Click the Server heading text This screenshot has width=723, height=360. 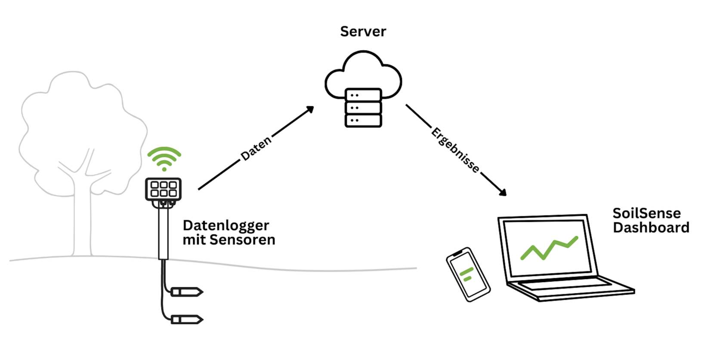click(363, 31)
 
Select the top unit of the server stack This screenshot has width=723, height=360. click(363, 95)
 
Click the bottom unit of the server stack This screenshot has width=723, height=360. click(363, 120)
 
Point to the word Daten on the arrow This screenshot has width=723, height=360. click(256, 148)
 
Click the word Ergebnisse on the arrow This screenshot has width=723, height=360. click(455, 150)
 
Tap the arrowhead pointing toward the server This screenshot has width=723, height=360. click(309, 110)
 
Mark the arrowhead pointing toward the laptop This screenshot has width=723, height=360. click(502, 192)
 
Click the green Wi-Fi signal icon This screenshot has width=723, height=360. click(164, 158)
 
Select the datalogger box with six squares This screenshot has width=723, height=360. click(163, 189)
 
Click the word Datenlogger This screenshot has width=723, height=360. click(226, 225)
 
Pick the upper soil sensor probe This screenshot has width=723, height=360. click(187, 292)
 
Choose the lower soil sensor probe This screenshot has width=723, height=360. click(187, 320)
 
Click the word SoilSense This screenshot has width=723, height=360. click(646, 213)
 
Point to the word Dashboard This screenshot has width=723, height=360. click(651, 228)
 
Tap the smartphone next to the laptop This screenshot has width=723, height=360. click(468, 274)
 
